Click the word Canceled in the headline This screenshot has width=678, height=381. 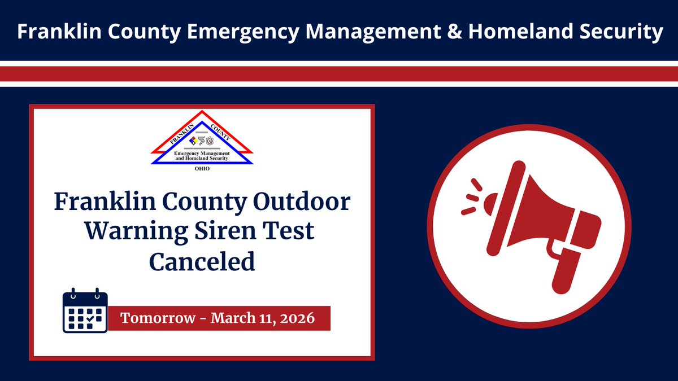tap(202, 261)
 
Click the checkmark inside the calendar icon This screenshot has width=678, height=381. tap(90, 319)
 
